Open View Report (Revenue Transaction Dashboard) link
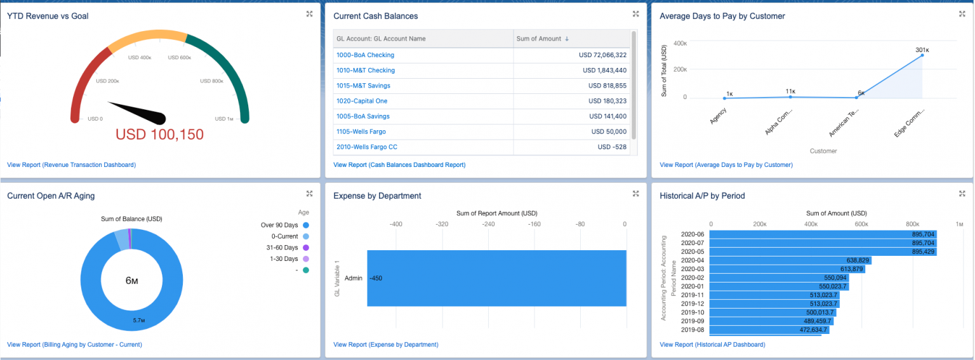71,165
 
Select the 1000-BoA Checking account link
365,55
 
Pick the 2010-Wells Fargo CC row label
366,147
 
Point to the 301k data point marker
922,55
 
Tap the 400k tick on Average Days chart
679,43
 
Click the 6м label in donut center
131,281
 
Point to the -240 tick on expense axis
488,224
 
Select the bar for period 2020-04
790,260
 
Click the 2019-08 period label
692,330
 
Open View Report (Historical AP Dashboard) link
712,345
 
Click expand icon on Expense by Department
635,194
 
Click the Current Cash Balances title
375,16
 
